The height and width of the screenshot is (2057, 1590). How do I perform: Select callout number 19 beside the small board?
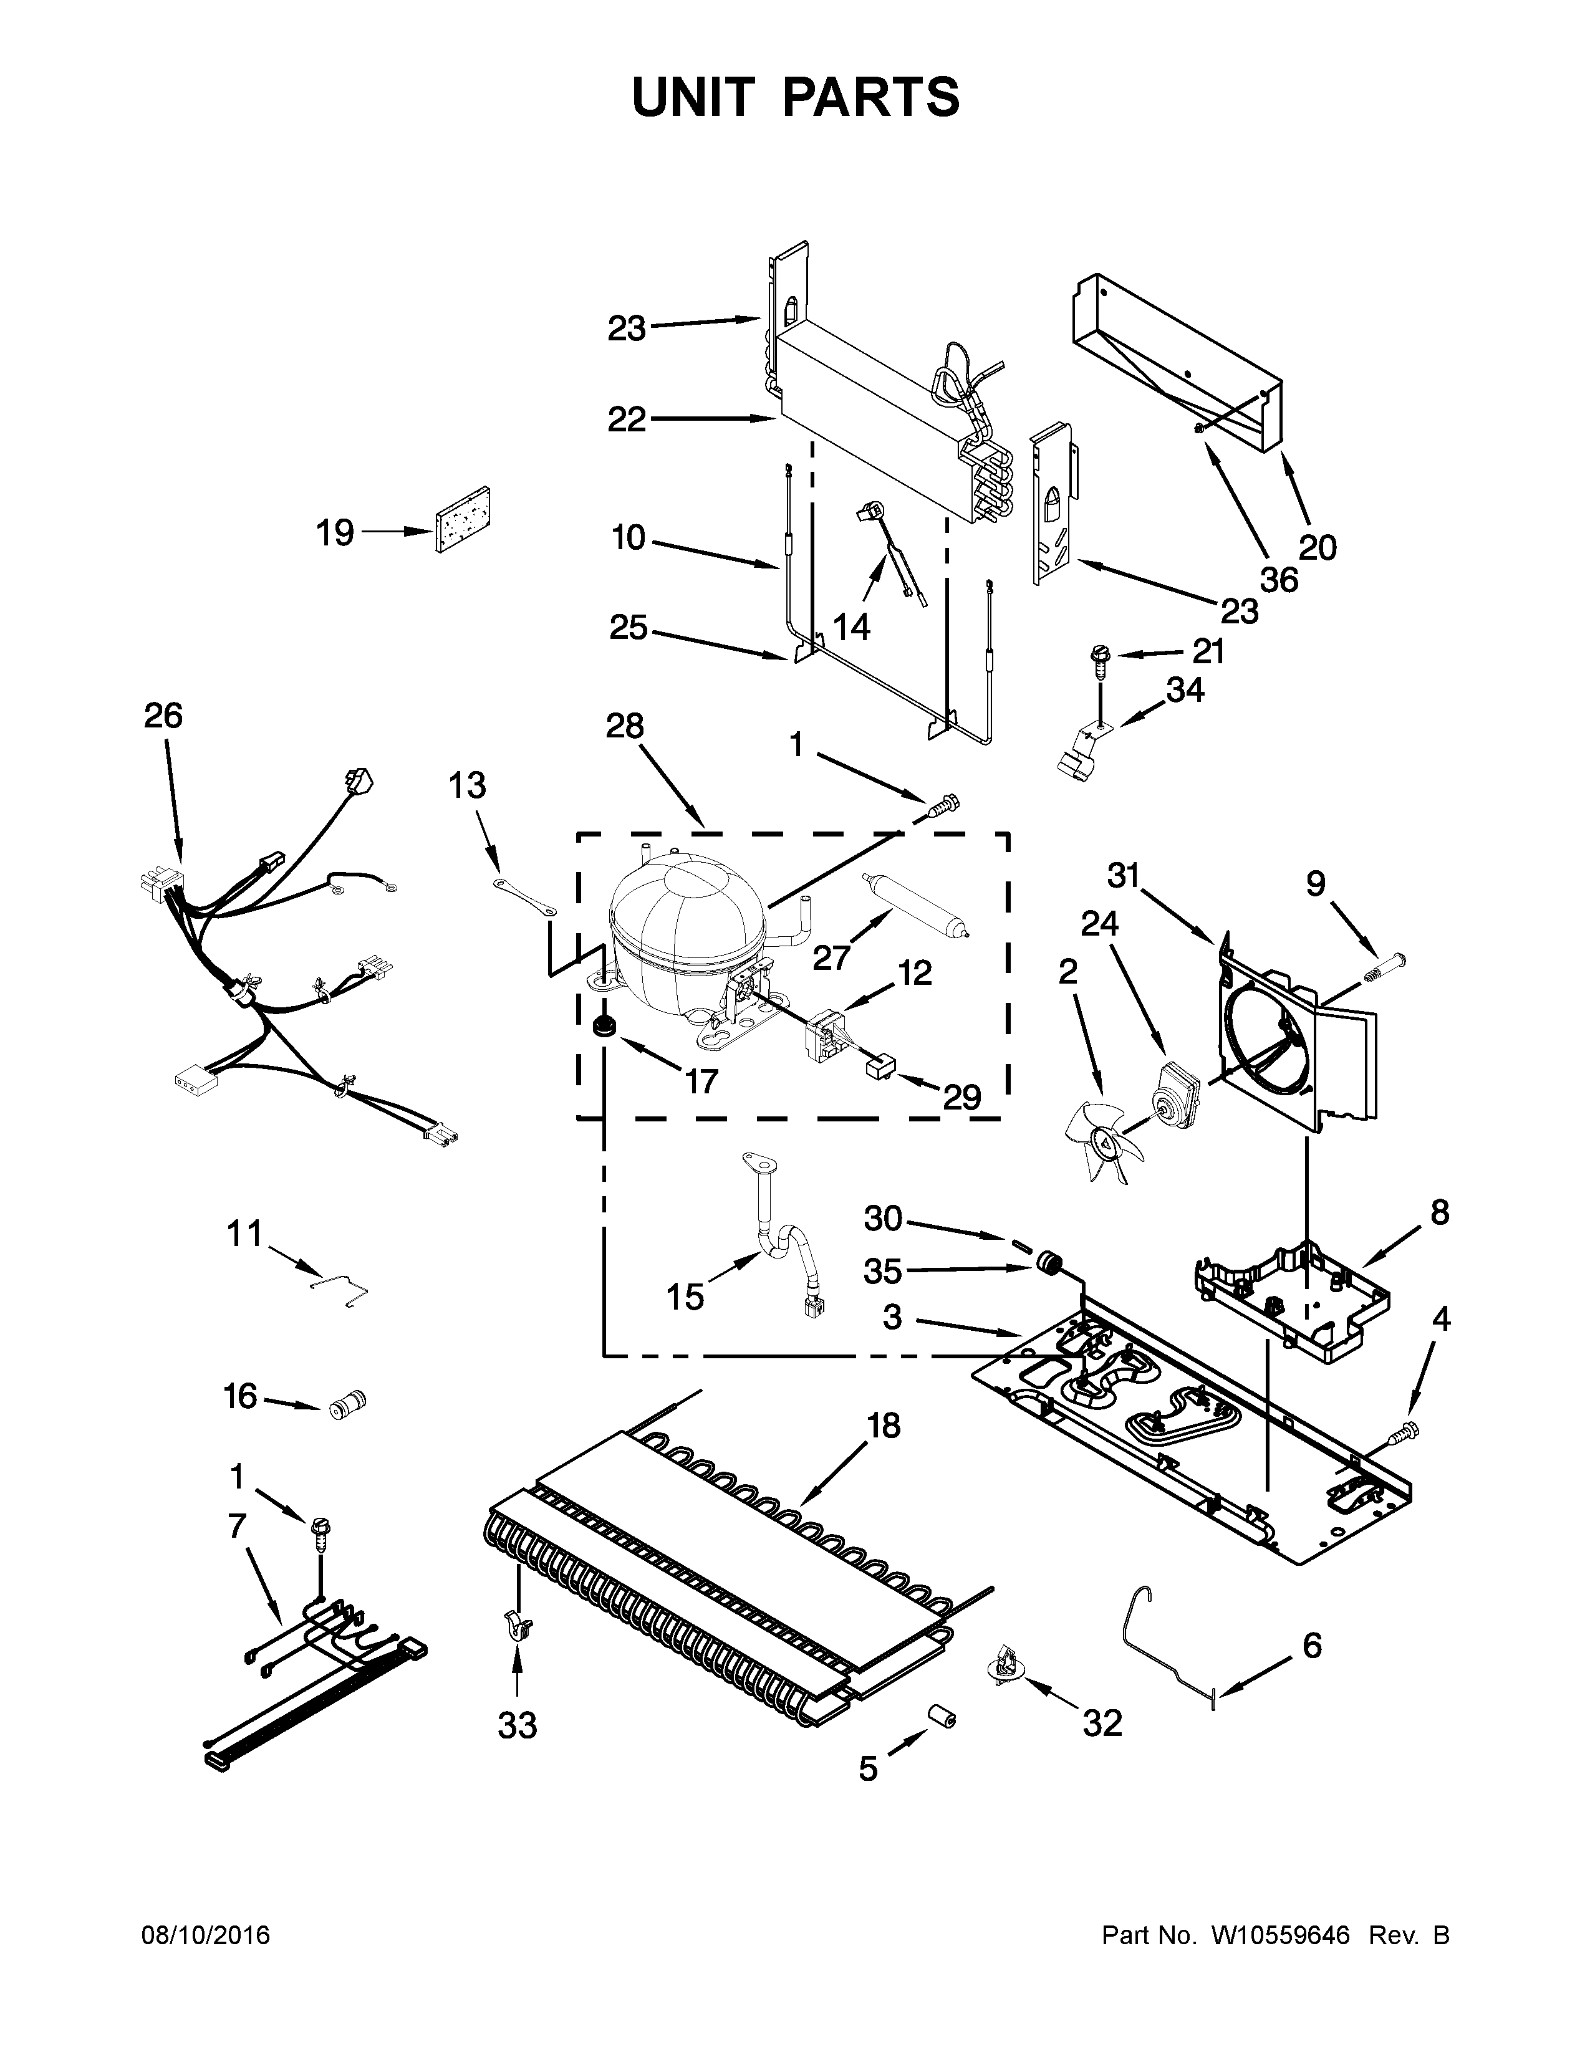click(x=334, y=532)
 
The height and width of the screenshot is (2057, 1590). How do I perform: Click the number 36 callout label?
click(x=1278, y=579)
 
